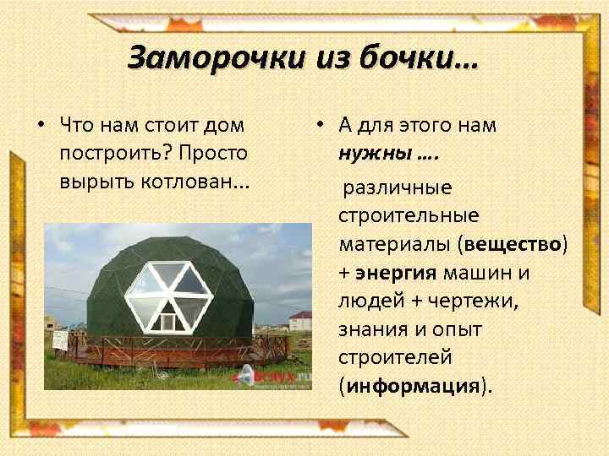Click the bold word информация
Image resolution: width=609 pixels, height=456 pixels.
tap(414, 386)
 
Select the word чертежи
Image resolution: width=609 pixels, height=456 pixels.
tap(498, 301)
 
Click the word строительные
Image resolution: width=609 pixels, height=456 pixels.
tap(409, 215)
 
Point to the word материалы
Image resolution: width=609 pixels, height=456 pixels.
tap(395, 244)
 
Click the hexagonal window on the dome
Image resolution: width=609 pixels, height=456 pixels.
tap(169, 291)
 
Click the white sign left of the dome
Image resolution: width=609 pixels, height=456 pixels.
tap(60, 339)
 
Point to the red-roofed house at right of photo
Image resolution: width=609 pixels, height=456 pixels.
tap(299, 320)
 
